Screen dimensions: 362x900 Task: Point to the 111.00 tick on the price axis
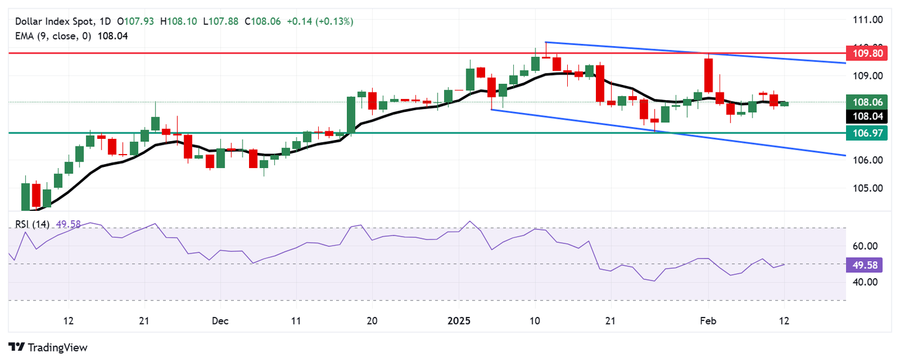(867, 20)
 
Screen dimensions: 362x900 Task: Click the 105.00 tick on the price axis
(867, 189)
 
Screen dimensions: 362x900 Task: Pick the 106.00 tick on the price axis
(867, 160)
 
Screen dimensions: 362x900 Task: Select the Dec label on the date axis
(220, 321)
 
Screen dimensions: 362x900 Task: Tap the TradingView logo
(48, 347)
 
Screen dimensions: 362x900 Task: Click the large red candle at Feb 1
(708, 74)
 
